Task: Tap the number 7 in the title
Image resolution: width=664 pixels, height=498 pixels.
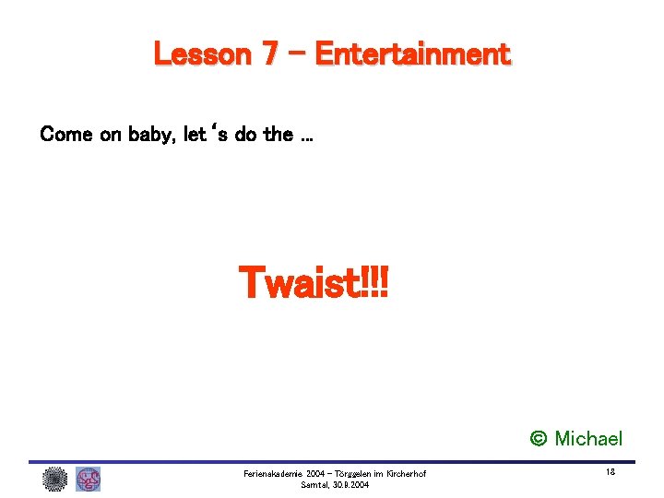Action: (x=270, y=54)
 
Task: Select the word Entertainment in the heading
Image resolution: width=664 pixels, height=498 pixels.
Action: (x=412, y=54)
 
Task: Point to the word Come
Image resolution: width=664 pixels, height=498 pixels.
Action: (x=66, y=135)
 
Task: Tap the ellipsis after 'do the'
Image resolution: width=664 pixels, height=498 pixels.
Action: (x=306, y=136)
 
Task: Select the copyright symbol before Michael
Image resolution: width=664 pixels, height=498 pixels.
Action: (x=539, y=439)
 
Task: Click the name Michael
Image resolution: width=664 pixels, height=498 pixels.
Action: (x=588, y=439)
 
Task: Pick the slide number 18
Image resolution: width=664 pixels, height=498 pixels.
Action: (x=611, y=471)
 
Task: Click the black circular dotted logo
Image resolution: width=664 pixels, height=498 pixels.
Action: (x=55, y=479)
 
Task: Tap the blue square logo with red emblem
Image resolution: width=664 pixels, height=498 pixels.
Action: (x=89, y=479)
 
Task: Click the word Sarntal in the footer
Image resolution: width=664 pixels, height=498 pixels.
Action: (x=314, y=485)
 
